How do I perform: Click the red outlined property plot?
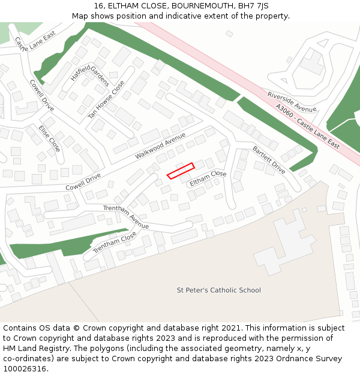pos(181,171)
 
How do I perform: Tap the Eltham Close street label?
pos(208,178)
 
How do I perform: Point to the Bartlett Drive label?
pos(269,160)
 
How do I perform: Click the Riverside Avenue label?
pos(292,102)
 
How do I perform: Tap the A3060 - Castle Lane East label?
pos(308,127)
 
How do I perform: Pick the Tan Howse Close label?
pos(107,100)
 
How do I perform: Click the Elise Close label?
pos(49,138)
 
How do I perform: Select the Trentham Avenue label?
pos(125,217)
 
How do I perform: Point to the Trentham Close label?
pos(115,242)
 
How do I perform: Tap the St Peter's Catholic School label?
pos(218,290)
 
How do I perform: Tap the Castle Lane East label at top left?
pos(35,43)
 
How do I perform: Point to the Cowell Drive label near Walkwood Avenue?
pos(83,182)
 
